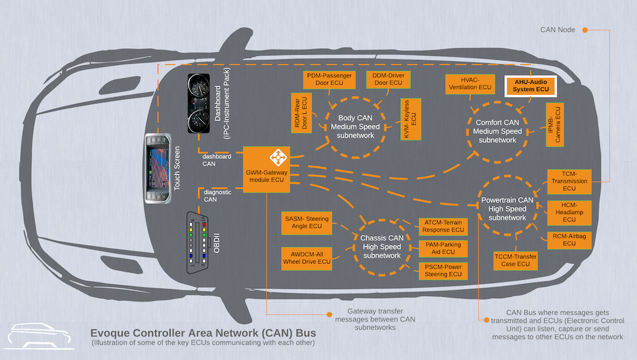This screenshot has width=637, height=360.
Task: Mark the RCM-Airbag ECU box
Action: (569, 239)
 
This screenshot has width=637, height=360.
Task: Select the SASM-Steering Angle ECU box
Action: (306, 221)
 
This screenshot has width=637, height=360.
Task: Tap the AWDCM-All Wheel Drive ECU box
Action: (306, 257)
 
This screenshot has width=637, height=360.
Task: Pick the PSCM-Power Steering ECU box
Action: (442, 270)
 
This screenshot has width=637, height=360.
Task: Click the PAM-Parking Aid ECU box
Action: (442, 248)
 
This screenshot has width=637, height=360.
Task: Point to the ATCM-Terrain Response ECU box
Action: (442, 226)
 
